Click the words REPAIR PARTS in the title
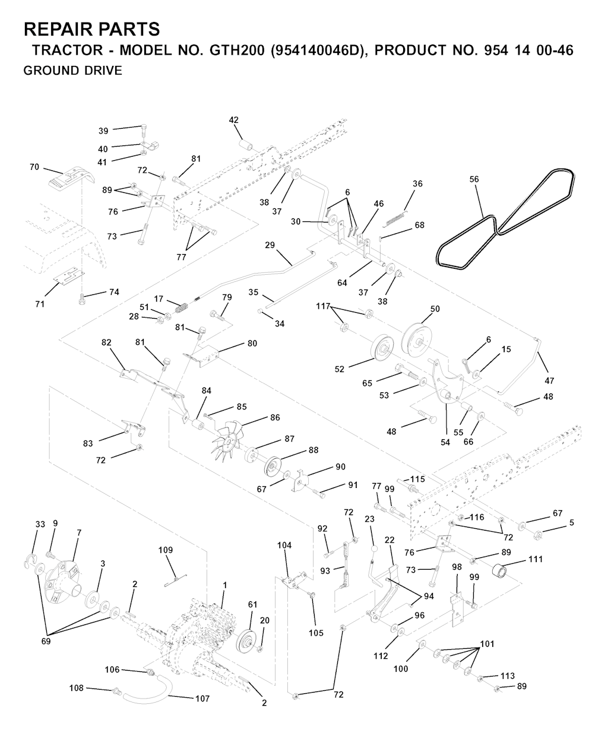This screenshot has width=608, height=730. coord(91,29)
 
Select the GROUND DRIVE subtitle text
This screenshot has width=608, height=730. coord(73,71)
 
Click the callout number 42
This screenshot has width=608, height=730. coord(234,120)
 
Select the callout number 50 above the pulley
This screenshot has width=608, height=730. coord(435,309)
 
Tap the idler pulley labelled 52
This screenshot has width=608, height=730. coord(382,349)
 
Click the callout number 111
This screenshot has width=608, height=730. coord(536,560)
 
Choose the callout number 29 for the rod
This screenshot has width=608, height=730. coord(270,245)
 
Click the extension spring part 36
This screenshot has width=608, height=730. coord(395,219)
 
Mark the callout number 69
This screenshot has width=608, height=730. coord(46,641)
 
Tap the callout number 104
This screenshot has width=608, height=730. coord(284,545)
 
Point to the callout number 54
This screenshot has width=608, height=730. coord(445,442)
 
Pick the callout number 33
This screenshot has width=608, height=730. coord(40,524)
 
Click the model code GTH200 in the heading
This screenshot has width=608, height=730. coord(237,50)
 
